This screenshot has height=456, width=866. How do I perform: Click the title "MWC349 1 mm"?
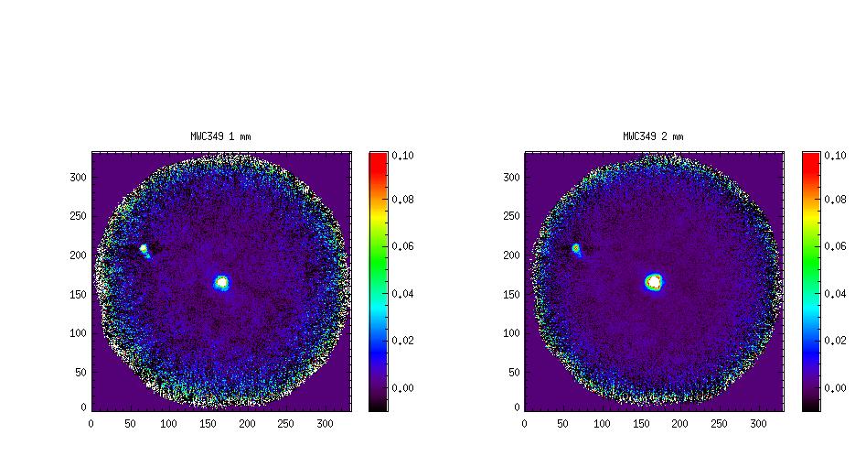coord(220,136)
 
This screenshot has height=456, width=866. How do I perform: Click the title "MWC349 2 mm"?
coord(653,136)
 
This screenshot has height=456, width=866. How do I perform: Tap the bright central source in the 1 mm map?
coord(221,283)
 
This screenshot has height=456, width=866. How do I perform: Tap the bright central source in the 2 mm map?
coord(654,282)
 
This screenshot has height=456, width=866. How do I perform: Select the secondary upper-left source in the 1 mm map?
coord(144,248)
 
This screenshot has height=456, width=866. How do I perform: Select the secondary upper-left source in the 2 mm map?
coord(576,248)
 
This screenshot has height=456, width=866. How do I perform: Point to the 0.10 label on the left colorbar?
coord(402,156)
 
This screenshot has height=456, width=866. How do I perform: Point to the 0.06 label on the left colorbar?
coord(402,246)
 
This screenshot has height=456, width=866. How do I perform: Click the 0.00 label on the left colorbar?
coord(402,388)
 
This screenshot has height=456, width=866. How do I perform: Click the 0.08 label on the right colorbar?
coord(835,199)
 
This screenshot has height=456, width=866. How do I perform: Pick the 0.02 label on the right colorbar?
coord(835,341)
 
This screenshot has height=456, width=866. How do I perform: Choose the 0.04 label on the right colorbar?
coord(835,294)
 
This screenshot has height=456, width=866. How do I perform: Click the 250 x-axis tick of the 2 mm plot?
coord(719,424)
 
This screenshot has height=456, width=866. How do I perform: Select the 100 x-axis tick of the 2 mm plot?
coord(602,424)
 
